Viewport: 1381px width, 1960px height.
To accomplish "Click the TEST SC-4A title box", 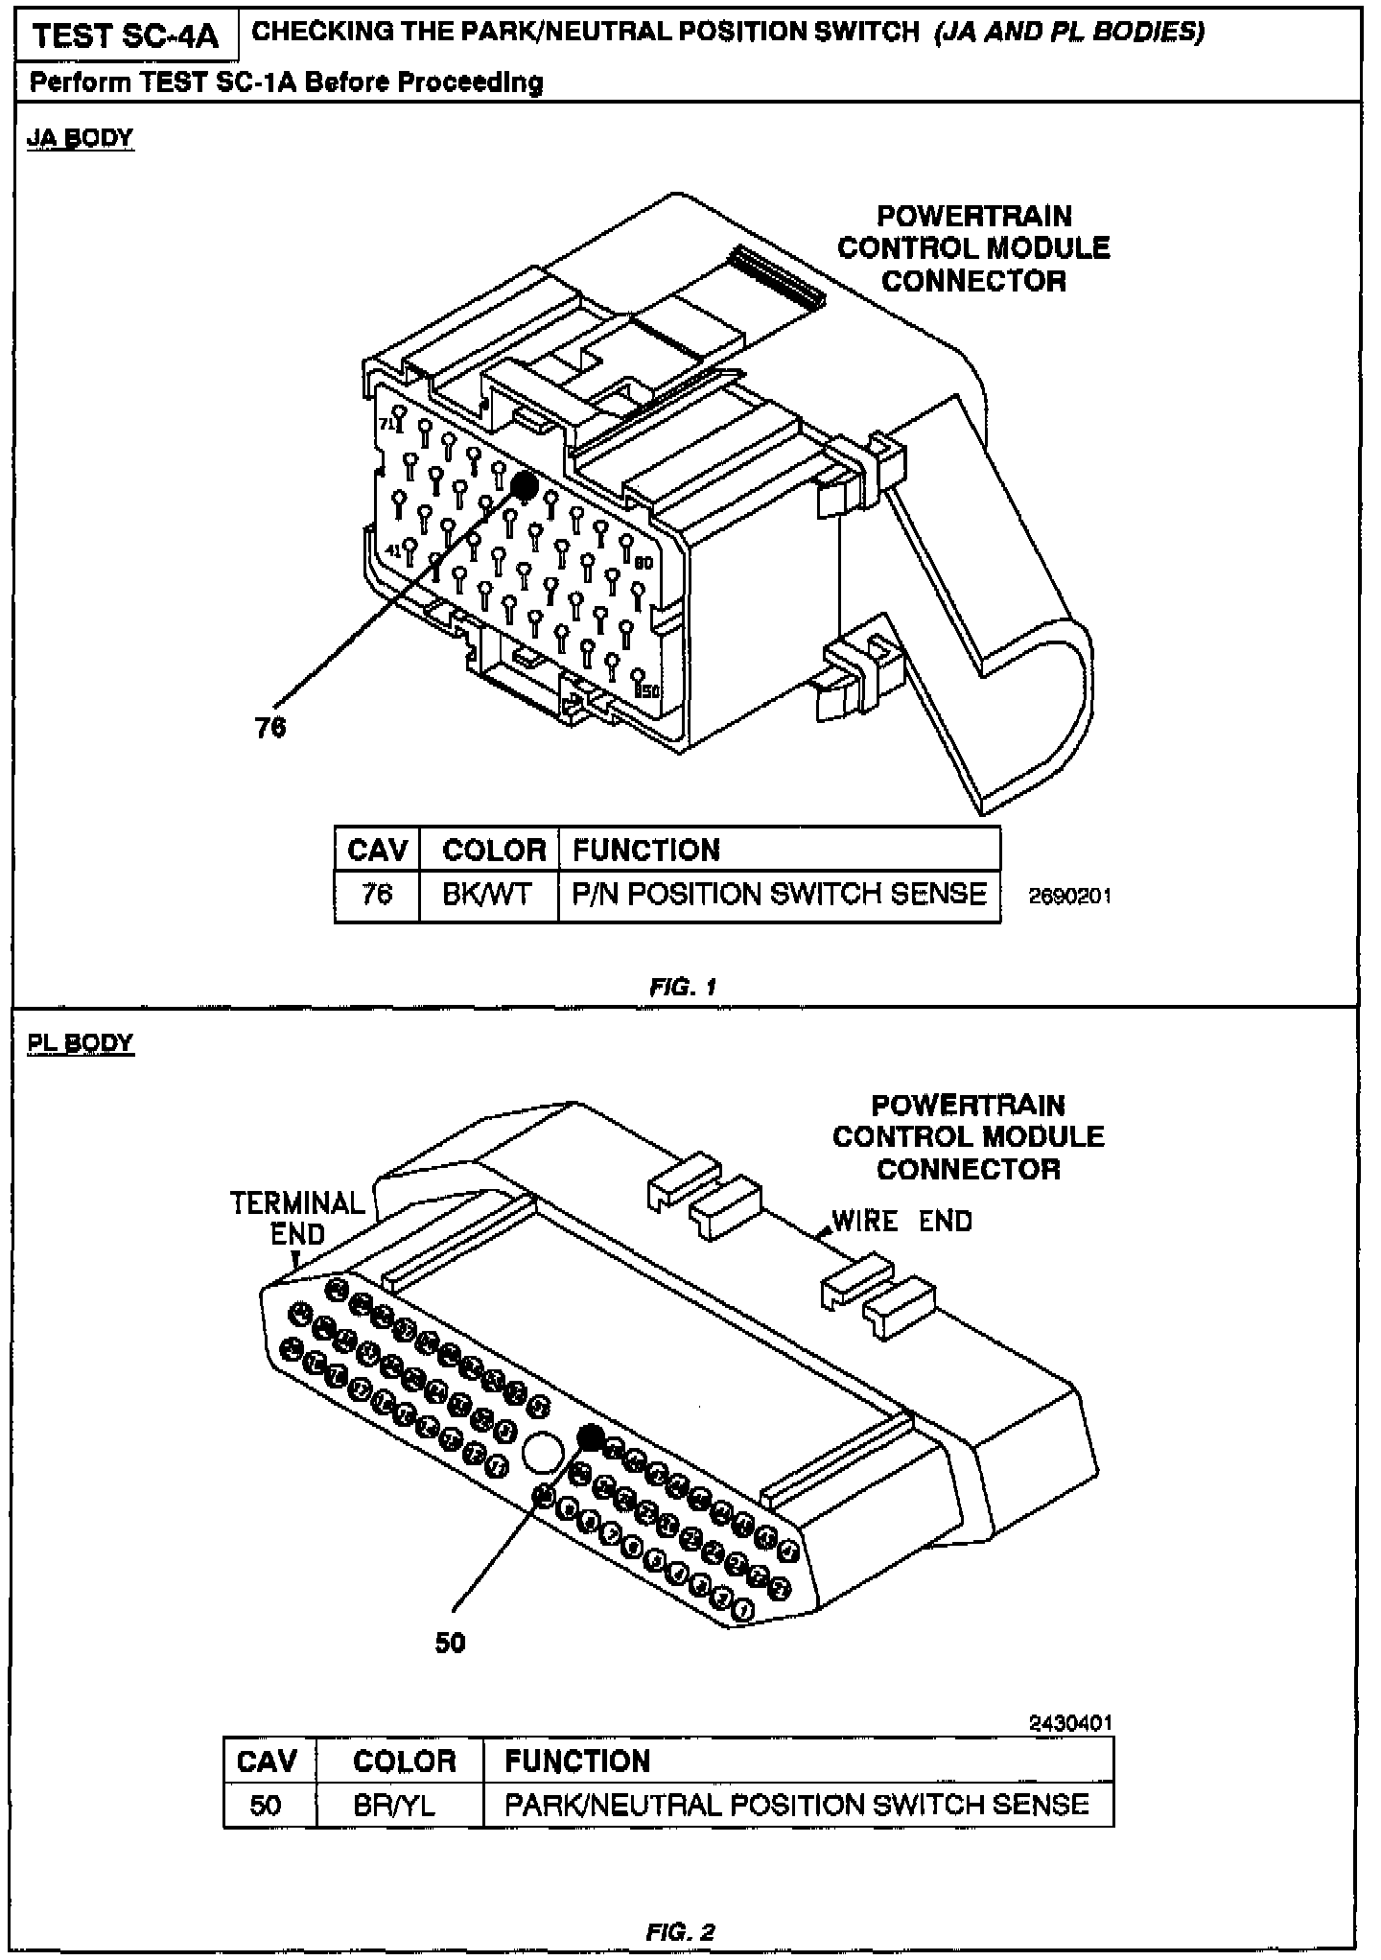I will (x=126, y=37).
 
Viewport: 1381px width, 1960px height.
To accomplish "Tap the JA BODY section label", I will (x=81, y=138).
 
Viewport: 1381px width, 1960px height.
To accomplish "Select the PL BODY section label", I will (x=81, y=1042).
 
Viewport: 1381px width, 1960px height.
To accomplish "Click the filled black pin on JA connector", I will (x=524, y=485).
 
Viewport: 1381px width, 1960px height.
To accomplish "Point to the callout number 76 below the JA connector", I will (x=270, y=728).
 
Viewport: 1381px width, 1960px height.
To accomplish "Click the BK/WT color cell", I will (x=487, y=895).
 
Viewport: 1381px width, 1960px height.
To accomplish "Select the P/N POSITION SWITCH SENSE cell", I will (x=779, y=895).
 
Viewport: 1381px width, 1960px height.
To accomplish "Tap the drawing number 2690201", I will (x=1069, y=897).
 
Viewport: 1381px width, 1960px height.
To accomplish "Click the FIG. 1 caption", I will (x=683, y=987).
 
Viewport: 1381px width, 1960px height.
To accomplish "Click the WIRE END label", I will (x=901, y=1222).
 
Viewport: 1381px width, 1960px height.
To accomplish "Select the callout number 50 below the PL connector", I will (x=450, y=1643).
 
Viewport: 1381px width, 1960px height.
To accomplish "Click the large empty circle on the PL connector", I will (x=543, y=1454).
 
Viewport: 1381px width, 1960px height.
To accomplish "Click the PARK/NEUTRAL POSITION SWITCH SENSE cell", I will (x=796, y=1806).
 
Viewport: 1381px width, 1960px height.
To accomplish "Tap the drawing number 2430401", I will (x=1070, y=1723).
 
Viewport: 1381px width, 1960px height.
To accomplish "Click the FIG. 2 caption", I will (x=681, y=1931).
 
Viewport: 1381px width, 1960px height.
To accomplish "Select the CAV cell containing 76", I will (x=377, y=895).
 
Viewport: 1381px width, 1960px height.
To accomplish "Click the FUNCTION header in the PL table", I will (x=577, y=1762).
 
